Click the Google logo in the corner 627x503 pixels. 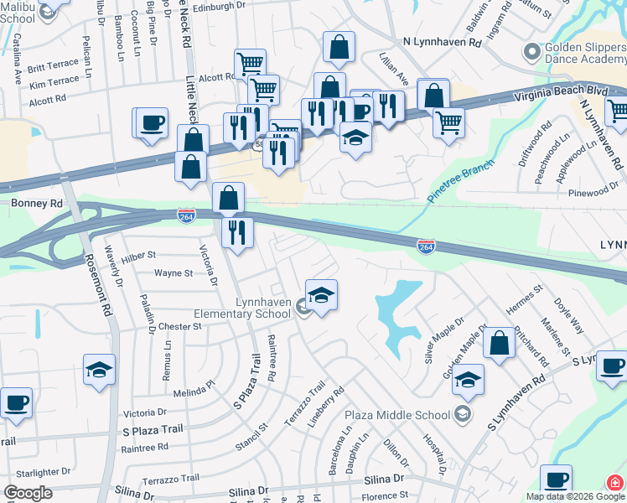[27, 493]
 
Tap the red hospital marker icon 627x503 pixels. [615, 483]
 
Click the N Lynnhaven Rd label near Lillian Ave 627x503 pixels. [442, 41]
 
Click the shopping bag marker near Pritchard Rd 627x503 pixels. [499, 343]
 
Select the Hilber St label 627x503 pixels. [139, 255]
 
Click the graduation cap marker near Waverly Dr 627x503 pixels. [99, 369]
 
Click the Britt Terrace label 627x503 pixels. [53, 68]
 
